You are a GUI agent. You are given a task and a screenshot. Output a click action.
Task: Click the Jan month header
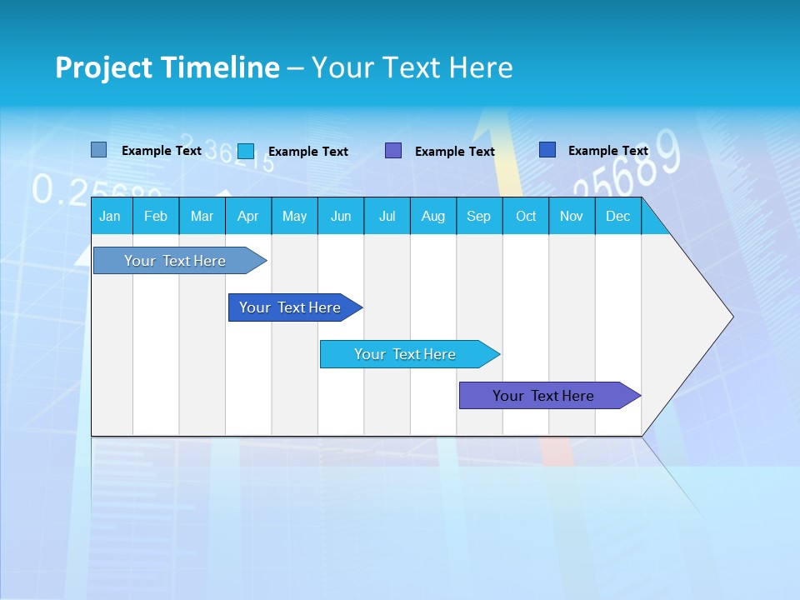[x=110, y=216]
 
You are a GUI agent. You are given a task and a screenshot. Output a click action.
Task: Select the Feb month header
[x=156, y=216]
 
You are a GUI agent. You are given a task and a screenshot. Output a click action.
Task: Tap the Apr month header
[x=247, y=216]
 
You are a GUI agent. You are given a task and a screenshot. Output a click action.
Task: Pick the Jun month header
[x=341, y=216]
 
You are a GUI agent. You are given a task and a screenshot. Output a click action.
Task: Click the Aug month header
[x=432, y=216]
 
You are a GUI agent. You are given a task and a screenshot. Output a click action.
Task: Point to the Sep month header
[x=478, y=216]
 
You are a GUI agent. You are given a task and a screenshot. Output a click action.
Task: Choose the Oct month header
[x=526, y=216]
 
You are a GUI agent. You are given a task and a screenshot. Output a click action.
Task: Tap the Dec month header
[x=617, y=216]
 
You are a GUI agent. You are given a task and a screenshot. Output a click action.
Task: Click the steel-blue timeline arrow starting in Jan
[x=176, y=261]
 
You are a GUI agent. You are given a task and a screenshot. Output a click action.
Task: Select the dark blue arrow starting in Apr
[x=291, y=307]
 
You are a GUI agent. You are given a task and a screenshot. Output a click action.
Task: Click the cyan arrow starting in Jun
[x=406, y=354]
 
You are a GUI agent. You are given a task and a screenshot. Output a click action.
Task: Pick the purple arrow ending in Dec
[x=544, y=396]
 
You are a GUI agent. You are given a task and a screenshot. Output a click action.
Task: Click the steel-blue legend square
[x=99, y=150]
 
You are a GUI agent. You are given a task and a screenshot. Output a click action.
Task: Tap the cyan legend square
[x=246, y=151]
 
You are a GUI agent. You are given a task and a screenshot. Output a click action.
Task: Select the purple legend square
[x=393, y=151]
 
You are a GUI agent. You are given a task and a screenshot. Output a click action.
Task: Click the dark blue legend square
[x=547, y=150]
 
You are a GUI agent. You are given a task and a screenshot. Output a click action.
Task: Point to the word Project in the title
[x=102, y=67]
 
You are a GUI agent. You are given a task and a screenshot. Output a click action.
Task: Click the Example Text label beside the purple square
[x=454, y=152]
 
